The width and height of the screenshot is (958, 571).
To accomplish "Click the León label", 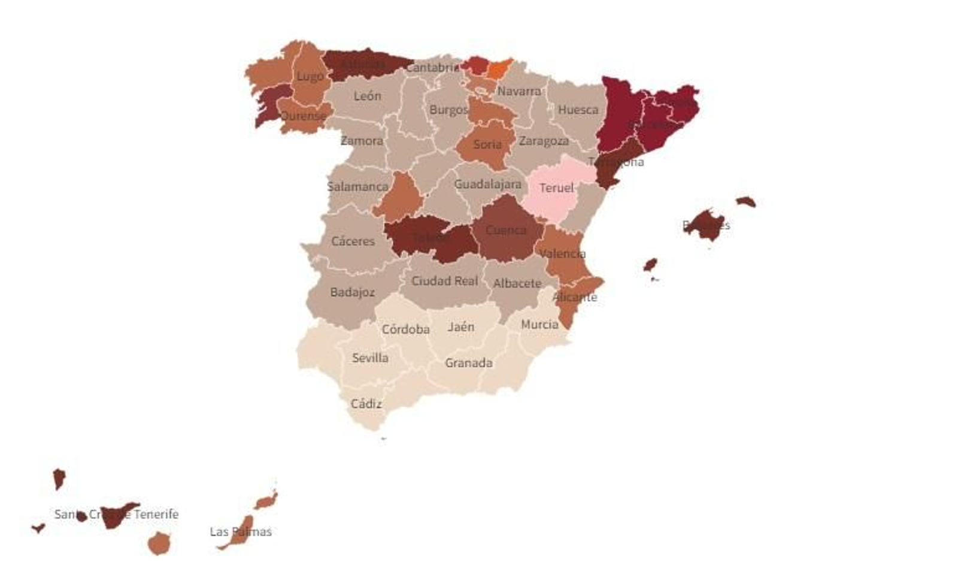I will [367, 96].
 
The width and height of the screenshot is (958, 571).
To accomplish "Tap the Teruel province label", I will [556, 188].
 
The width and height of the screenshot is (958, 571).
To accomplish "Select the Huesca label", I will [578, 110].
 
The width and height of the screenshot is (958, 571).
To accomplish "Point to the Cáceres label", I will [353, 241].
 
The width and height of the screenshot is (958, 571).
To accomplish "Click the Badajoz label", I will [352, 292].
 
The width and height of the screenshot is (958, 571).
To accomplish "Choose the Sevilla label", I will [370, 358].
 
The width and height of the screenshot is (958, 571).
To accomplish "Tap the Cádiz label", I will [366, 404].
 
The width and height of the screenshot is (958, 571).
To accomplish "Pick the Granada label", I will [468, 362].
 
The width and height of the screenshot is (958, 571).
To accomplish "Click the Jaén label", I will [461, 327].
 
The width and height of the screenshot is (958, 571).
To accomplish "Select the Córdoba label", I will [405, 330].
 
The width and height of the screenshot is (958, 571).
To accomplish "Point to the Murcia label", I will [539, 325].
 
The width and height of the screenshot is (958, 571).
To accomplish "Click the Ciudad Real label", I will [444, 281].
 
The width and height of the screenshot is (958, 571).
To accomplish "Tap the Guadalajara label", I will [487, 185].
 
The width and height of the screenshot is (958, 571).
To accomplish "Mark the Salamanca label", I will [357, 186].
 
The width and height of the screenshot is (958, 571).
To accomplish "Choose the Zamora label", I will [362, 141].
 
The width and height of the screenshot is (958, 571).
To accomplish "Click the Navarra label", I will [519, 91].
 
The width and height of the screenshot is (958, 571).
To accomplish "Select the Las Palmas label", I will [240, 531].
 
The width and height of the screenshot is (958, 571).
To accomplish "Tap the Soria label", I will [487, 144].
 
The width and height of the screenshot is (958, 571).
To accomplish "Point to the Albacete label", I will [517, 283].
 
